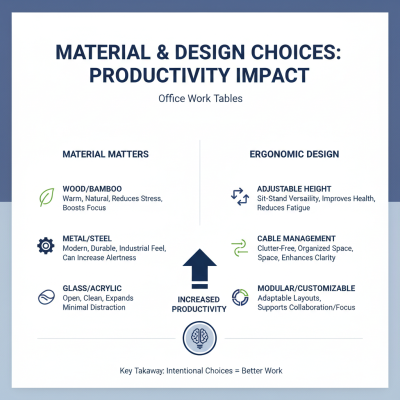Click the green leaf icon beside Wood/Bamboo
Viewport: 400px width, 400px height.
46,197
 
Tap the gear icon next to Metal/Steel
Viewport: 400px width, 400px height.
46,245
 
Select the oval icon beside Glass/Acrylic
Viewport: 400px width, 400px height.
46,297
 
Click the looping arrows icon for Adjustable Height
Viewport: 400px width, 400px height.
239,196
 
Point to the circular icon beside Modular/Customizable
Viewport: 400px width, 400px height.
240,297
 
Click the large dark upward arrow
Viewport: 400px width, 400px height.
199,270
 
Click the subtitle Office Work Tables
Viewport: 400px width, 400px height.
200,98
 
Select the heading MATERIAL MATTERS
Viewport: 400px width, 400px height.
105,154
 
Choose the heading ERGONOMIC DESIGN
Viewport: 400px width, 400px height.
294,154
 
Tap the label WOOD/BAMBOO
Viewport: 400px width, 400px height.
92,189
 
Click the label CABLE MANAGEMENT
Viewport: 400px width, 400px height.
296,238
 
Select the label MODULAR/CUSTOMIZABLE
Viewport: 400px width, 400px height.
306,288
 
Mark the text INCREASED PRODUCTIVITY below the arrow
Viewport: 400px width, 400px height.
199,304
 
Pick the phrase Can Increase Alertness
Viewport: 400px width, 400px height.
99,257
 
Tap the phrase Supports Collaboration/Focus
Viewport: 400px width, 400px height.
306,307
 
